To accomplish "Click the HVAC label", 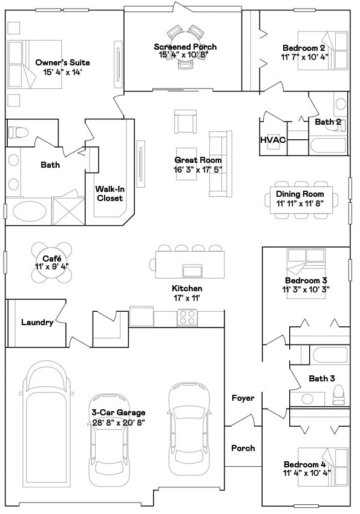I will [273, 140].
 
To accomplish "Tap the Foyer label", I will [243, 398].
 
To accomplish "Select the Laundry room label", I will [37, 322].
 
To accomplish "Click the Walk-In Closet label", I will [109, 193].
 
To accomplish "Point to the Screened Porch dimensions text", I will [184, 54].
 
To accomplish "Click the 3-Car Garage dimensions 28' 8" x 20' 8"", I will [118, 422].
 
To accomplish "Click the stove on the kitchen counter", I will [187, 317].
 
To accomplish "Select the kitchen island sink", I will [192, 270].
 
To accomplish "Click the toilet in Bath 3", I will [338, 397].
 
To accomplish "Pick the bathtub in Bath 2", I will [328, 146].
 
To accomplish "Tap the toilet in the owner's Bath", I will [18, 131].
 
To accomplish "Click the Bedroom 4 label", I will [306, 464].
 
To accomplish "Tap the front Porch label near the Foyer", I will [243, 448].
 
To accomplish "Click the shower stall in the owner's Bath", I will [68, 211].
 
